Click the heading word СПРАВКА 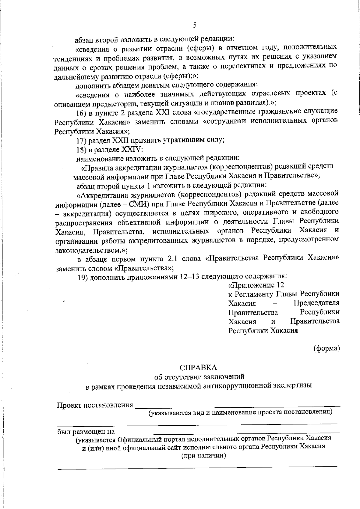198,368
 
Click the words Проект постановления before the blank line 95,405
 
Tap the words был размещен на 86,432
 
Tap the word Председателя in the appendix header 316,303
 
